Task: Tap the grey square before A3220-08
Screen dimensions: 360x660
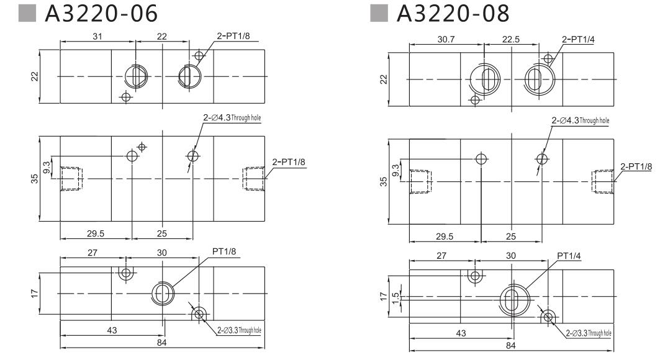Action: (x=377, y=14)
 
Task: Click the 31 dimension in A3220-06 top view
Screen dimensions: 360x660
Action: (x=97, y=37)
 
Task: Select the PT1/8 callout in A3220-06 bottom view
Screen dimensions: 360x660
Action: (x=224, y=251)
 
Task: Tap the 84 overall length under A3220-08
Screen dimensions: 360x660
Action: (x=510, y=344)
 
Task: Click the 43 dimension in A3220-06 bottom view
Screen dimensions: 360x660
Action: (x=112, y=331)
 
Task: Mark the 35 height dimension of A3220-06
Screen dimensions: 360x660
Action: (x=35, y=179)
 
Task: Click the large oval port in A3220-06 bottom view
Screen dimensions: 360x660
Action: (x=163, y=293)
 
